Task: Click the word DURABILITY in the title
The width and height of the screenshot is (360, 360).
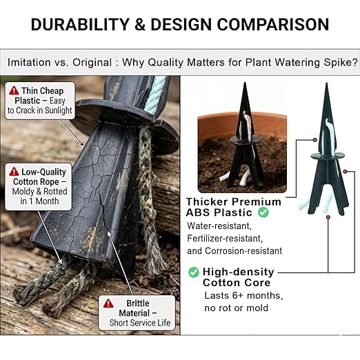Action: coord(80,24)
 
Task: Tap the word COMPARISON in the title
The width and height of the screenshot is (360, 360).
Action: coord(273,24)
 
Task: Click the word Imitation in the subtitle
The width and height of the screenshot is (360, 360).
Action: coord(29,62)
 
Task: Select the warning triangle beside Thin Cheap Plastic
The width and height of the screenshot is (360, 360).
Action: coord(14,90)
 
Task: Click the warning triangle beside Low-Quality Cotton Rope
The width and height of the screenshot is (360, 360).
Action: coord(14,172)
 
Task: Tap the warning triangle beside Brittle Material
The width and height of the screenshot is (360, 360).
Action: coord(108,303)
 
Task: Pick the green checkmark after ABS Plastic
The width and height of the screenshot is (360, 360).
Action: coord(263,212)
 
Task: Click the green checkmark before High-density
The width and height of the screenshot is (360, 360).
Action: coord(194,272)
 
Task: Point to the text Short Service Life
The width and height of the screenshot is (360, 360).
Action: coord(140,323)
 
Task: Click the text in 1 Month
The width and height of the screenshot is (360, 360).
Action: coord(39,201)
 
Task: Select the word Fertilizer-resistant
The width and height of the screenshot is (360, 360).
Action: coord(225,239)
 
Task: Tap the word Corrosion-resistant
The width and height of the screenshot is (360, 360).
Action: coord(243,251)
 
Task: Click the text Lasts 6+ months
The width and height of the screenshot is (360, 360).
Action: coord(243,295)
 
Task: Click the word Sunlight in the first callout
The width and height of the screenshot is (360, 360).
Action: coord(59,110)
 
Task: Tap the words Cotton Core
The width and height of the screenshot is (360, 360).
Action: coord(237,283)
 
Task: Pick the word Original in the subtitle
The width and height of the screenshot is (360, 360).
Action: coord(92,62)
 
